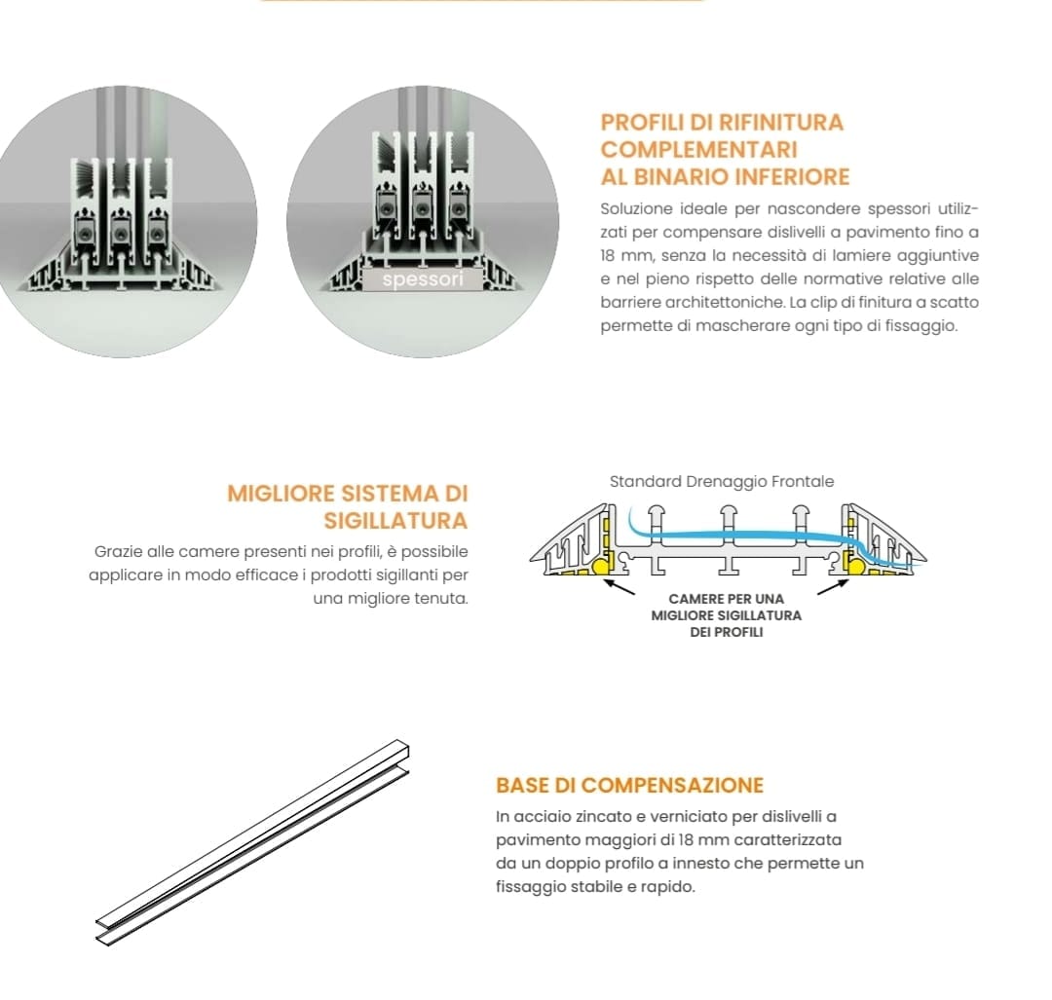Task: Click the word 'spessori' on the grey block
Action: click(423, 279)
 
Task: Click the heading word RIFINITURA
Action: click(781, 122)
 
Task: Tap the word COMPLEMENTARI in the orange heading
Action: click(699, 150)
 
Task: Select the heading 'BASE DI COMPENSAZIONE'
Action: click(629, 786)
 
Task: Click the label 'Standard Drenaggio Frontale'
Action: click(722, 482)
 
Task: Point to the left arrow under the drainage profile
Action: click(620, 587)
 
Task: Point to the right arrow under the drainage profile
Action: click(833, 587)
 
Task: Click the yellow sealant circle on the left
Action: click(600, 567)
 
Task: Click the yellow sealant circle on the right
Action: click(855, 567)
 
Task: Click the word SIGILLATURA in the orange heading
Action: click(395, 521)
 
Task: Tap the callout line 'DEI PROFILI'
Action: click(727, 632)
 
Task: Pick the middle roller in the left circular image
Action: click(120, 234)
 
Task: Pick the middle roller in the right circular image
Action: click(422, 209)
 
